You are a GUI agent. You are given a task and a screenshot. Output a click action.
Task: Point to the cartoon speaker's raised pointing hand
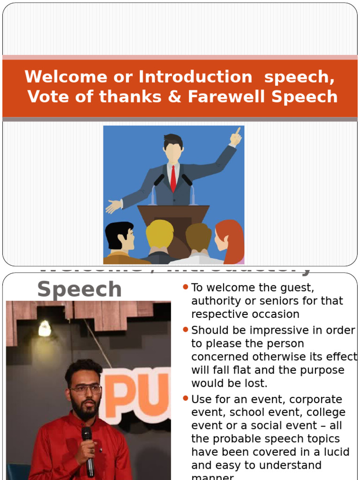click(x=235, y=136)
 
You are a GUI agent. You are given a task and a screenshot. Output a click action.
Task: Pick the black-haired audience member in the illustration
click(x=120, y=240)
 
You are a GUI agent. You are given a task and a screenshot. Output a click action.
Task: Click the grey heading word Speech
click(x=79, y=289)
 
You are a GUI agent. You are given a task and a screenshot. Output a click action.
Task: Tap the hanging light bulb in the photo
click(x=45, y=329)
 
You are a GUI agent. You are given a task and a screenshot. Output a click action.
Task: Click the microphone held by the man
click(x=88, y=450)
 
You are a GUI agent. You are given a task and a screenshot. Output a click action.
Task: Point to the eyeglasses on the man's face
click(x=86, y=389)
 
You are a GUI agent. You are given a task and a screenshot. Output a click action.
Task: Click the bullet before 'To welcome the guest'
click(x=186, y=286)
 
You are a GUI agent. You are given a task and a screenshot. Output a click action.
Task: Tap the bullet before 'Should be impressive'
click(x=186, y=330)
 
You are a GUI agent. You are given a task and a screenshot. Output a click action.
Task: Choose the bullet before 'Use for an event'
click(x=186, y=398)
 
